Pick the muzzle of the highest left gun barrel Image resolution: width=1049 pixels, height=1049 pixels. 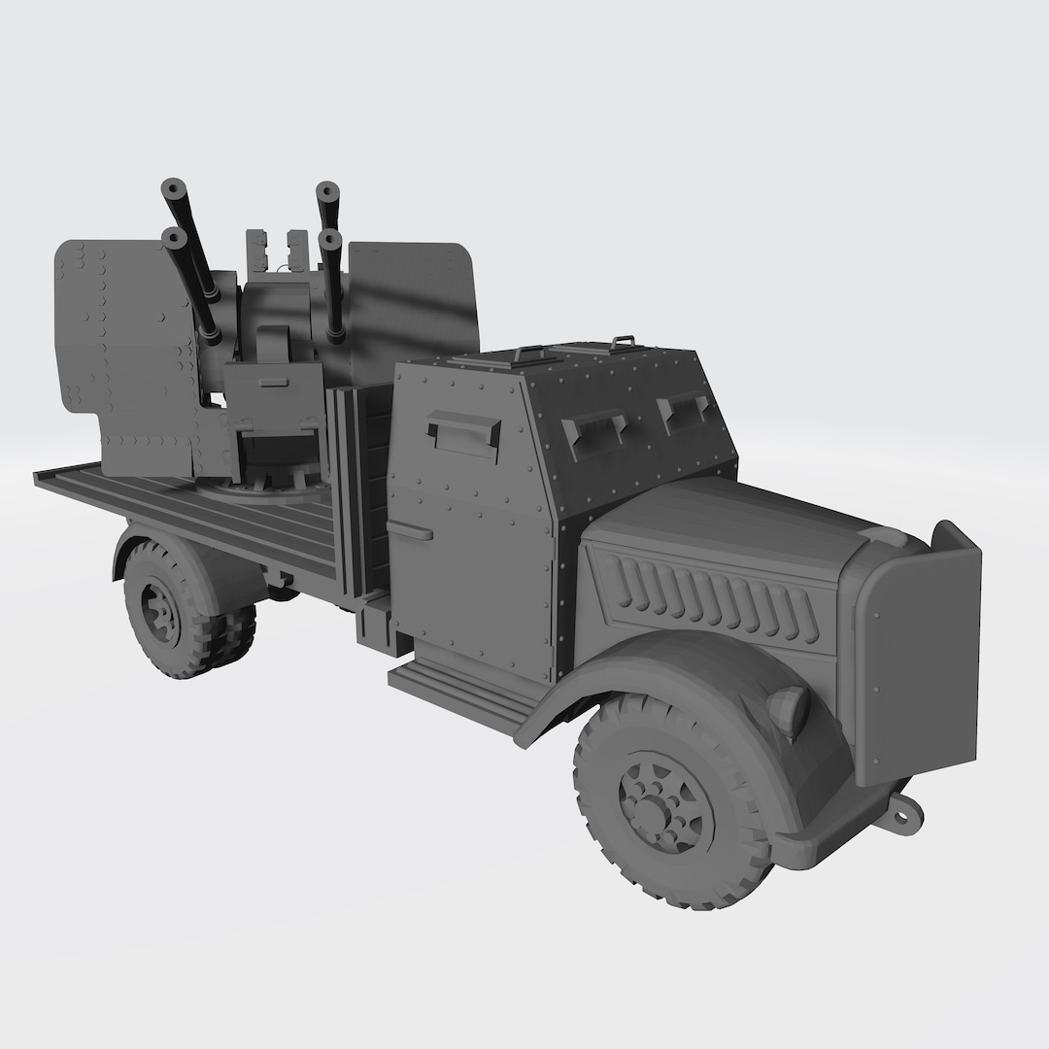point(175,187)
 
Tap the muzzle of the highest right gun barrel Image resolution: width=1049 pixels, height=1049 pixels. point(327,190)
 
